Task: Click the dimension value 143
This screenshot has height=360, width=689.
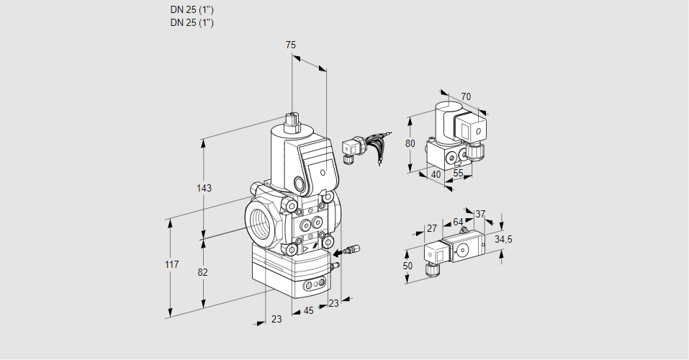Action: tap(204, 189)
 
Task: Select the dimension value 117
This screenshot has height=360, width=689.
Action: tap(171, 265)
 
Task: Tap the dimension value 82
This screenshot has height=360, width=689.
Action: tap(203, 272)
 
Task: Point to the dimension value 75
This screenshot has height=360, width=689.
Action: tap(291, 45)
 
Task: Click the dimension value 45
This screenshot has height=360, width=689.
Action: tap(309, 311)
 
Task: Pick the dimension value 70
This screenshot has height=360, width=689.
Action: tap(466, 97)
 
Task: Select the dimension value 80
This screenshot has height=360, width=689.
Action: tap(410, 143)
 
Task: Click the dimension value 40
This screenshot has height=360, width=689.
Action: tap(436, 174)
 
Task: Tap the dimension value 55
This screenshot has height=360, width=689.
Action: tap(458, 174)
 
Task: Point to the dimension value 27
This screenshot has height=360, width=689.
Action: tap(432, 229)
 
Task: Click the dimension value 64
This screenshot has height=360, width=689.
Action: tap(458, 222)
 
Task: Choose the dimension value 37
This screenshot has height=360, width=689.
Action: tap(481, 214)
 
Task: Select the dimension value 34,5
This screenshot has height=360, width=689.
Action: tap(503, 239)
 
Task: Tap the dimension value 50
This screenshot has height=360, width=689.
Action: tap(408, 266)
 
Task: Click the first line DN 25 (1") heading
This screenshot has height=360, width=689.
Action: tap(192, 10)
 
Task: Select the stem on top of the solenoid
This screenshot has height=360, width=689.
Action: tap(292, 120)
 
